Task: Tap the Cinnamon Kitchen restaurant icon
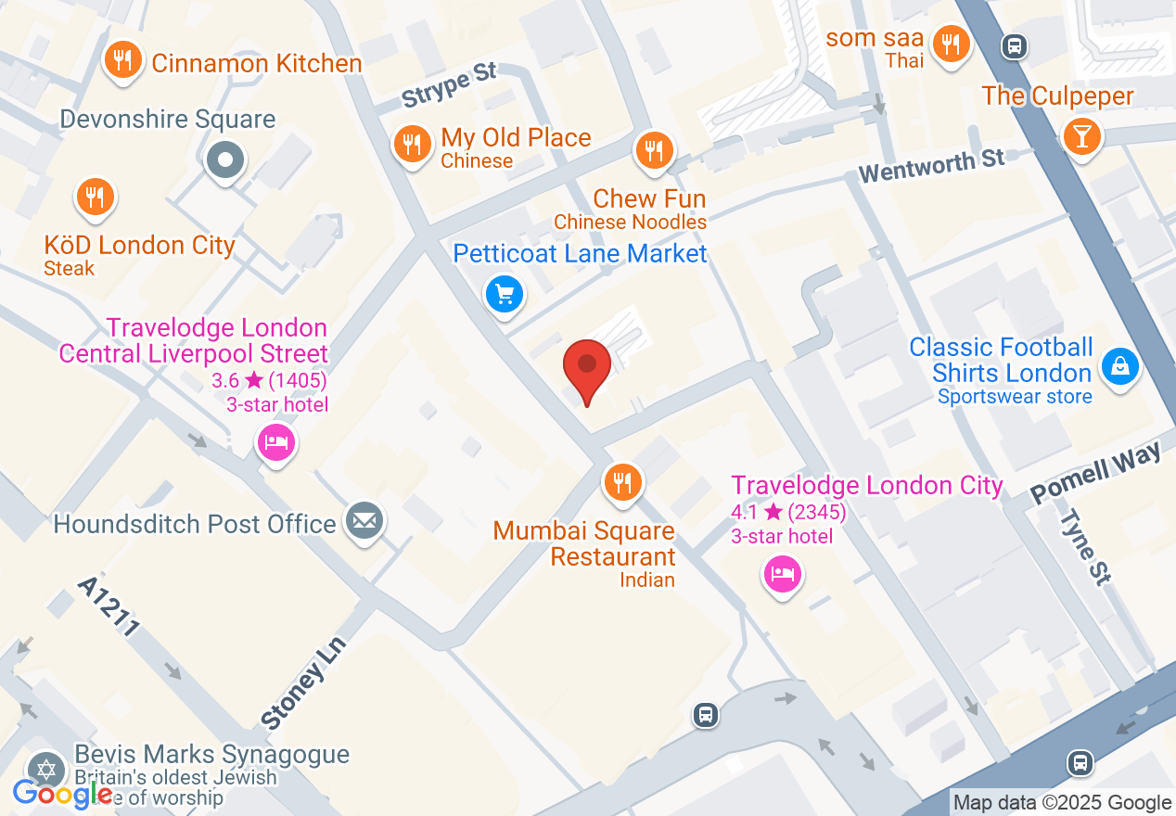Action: pyautogui.click(x=121, y=61)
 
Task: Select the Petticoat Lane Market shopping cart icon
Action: pyautogui.click(x=505, y=295)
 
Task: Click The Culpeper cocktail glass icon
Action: pyautogui.click(x=1081, y=135)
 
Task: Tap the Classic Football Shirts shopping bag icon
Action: pyautogui.click(x=1119, y=367)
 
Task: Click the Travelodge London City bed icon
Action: pyautogui.click(x=783, y=574)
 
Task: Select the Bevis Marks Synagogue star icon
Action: pyautogui.click(x=44, y=769)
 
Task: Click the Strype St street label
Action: pyautogui.click(x=450, y=84)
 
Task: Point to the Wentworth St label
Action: pyautogui.click(x=931, y=166)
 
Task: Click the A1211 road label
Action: pyautogui.click(x=109, y=606)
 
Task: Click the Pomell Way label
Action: pyautogui.click(x=1095, y=473)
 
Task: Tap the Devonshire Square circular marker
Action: pyautogui.click(x=224, y=160)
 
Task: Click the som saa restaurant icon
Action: pyautogui.click(x=949, y=43)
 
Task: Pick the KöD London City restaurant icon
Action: pyautogui.click(x=95, y=197)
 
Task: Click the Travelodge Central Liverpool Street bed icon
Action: pyautogui.click(x=275, y=441)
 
